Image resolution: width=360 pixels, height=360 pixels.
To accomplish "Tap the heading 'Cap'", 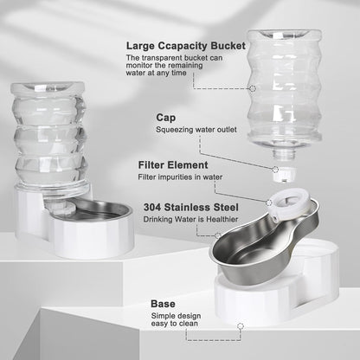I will (166, 117).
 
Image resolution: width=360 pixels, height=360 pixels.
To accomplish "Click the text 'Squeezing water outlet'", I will (192, 131).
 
